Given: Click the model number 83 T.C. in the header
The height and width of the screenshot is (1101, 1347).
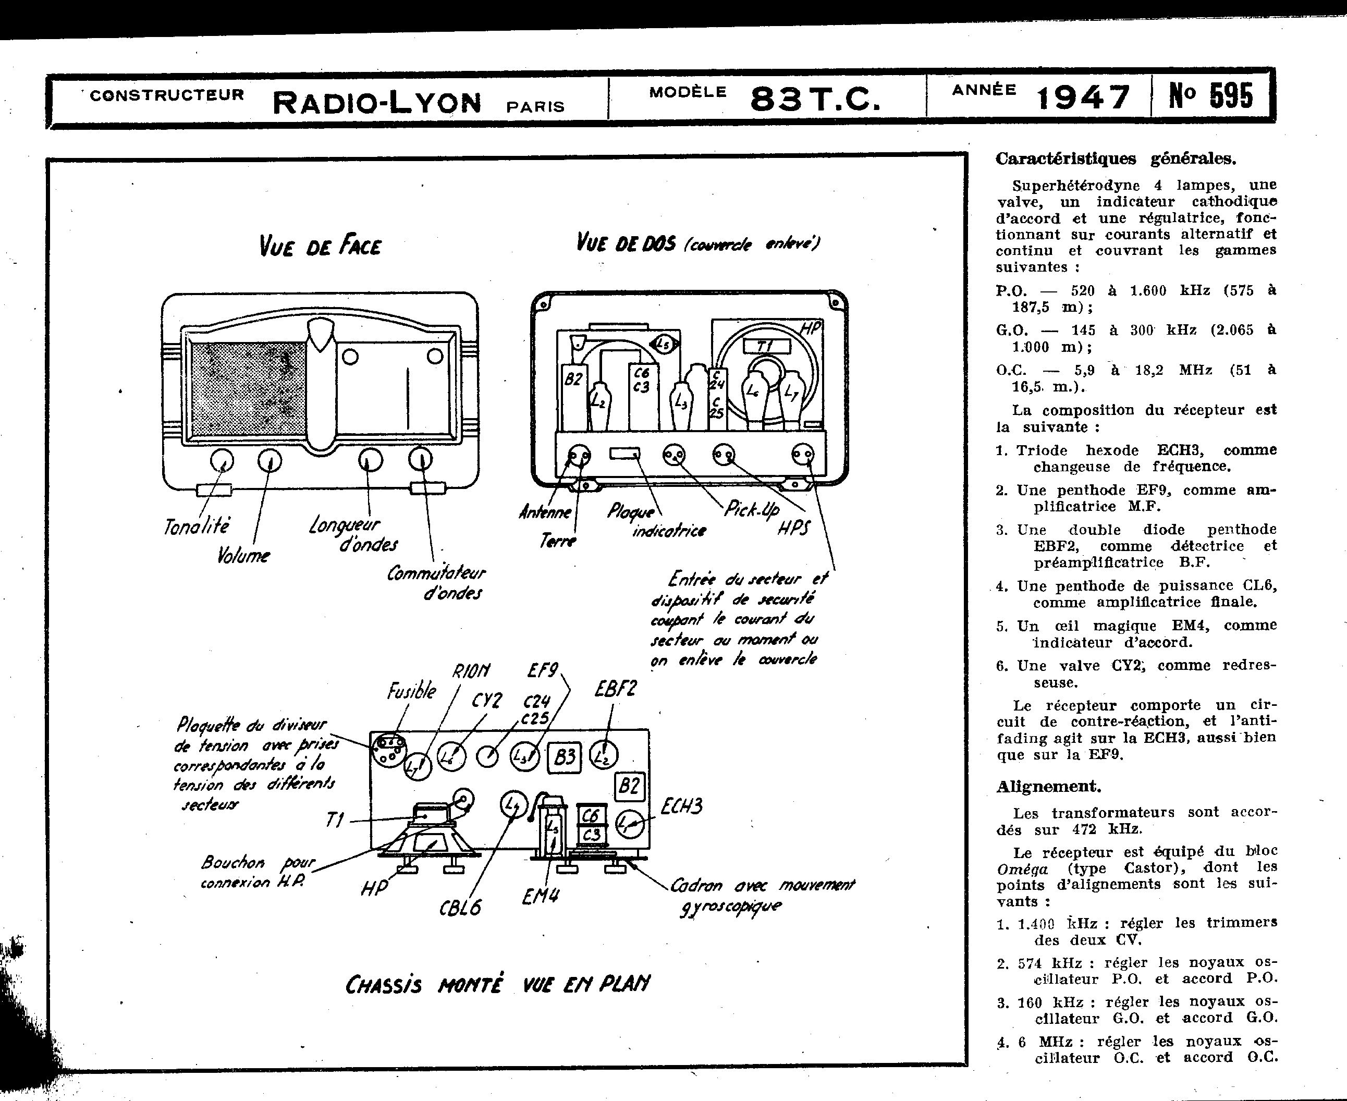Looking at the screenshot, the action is click(x=815, y=99).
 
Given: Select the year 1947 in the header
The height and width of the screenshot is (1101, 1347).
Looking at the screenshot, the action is click(x=1083, y=97).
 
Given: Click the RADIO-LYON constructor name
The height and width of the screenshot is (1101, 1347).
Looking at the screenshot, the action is click(x=377, y=102).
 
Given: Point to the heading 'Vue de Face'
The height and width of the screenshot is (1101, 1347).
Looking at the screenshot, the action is click(x=320, y=246).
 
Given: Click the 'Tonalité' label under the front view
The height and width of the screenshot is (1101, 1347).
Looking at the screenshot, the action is click(x=197, y=526).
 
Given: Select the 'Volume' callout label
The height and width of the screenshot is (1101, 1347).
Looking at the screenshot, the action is click(x=243, y=556).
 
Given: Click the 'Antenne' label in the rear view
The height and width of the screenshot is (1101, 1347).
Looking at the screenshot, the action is click(x=545, y=511).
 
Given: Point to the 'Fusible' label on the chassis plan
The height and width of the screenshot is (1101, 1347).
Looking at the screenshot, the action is click(x=412, y=691).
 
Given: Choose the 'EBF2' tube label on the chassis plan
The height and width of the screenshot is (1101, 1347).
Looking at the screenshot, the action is click(x=615, y=689).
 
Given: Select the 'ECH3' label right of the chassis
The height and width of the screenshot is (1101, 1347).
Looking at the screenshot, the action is click(x=681, y=807).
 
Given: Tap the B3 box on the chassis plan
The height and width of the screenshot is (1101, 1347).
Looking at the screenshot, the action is click(x=565, y=756).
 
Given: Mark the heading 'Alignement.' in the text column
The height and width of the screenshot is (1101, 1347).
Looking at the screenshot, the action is click(x=1048, y=787).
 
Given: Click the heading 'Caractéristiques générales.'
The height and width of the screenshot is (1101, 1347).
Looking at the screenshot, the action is click(x=1116, y=158).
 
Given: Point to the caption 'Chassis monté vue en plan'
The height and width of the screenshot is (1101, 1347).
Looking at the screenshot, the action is click(x=497, y=984).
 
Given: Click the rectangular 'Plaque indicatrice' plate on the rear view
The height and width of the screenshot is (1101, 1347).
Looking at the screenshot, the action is click(x=624, y=454).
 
